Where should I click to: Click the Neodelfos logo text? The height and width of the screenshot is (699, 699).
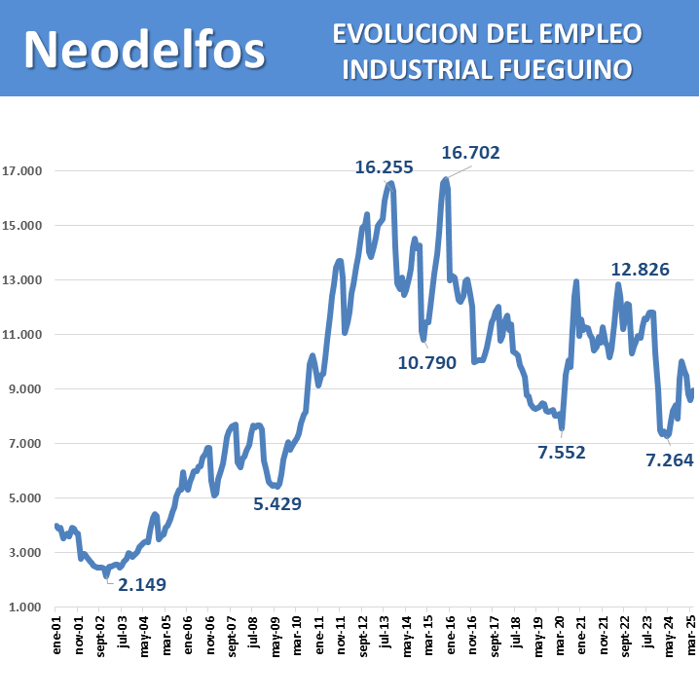tap(144, 49)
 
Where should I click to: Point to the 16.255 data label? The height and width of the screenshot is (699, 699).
tap(384, 167)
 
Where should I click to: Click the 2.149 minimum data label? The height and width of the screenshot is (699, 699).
tap(142, 585)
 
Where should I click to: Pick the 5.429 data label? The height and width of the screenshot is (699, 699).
tap(277, 504)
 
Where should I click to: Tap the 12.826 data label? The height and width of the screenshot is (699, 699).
tap(640, 270)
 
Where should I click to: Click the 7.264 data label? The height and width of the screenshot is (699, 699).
tap(669, 460)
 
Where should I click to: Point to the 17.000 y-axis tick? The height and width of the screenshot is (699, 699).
tap(22, 171)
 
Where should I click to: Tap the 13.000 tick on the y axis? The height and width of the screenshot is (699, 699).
tap(22, 280)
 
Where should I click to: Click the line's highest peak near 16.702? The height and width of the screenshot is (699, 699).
tap(446, 180)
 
